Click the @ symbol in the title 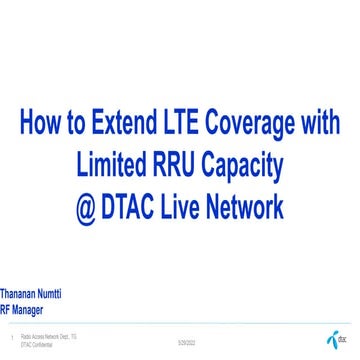pos(87,207)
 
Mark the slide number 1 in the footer pos(7,338)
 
